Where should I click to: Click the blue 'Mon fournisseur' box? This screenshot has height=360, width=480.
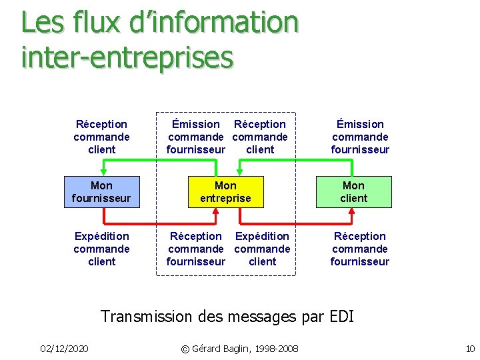101,191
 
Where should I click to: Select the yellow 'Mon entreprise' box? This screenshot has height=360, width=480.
225,191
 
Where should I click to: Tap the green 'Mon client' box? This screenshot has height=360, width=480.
353,191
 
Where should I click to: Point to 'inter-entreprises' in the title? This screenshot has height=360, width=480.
127,56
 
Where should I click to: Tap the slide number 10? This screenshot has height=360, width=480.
470,349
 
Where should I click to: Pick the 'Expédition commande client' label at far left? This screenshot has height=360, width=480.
101,249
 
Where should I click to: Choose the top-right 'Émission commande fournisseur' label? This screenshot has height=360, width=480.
360,137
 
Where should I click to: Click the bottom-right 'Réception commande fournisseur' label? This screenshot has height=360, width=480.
360,249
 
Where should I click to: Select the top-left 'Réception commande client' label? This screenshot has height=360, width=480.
101,137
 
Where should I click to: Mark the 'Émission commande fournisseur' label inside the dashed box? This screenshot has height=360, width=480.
195,137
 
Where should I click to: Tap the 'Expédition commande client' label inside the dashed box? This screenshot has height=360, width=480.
262,249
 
